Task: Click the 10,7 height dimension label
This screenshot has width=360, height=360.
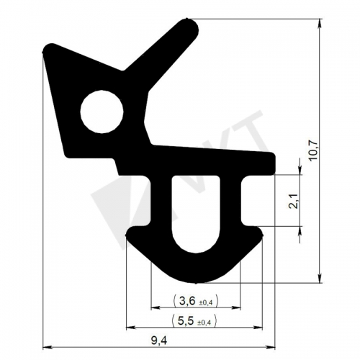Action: tap(314, 150)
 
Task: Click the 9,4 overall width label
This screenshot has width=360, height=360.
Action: tap(159, 341)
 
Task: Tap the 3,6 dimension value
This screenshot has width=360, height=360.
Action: tap(187, 301)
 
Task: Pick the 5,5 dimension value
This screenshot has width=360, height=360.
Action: tap(186, 321)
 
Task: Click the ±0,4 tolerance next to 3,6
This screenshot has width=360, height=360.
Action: tap(206, 303)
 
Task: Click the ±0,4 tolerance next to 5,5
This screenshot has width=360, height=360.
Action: tap(204, 323)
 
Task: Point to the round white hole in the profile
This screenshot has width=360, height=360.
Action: tap(102, 112)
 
